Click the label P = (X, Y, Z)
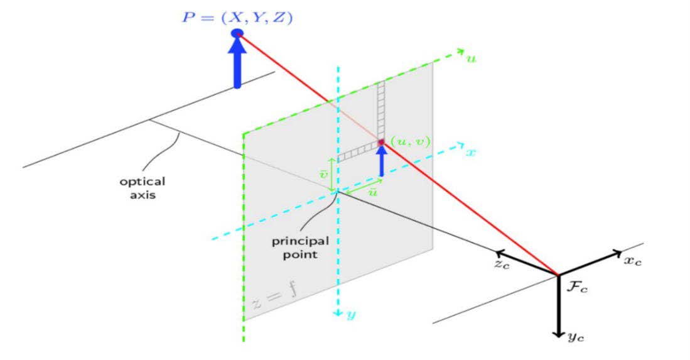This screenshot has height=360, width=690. pyautogui.click(x=237, y=18)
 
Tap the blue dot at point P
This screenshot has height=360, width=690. pyautogui.click(x=237, y=33)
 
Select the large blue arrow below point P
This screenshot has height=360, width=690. pyautogui.click(x=237, y=63)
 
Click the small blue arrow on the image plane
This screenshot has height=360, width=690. pyautogui.click(x=380, y=160)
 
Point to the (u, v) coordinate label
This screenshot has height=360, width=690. pyautogui.click(x=410, y=141)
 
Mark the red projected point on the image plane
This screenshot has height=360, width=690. pyautogui.click(x=380, y=143)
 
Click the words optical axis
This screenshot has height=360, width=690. pyautogui.click(x=143, y=188)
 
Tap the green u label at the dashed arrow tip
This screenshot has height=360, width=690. pyautogui.click(x=472, y=57)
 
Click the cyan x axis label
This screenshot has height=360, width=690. pyautogui.click(x=470, y=152)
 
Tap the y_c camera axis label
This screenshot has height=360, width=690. pyautogui.click(x=577, y=337)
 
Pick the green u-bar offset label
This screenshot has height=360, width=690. pyautogui.click(x=372, y=192)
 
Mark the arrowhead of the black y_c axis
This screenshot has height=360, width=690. pyautogui.click(x=558, y=333)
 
